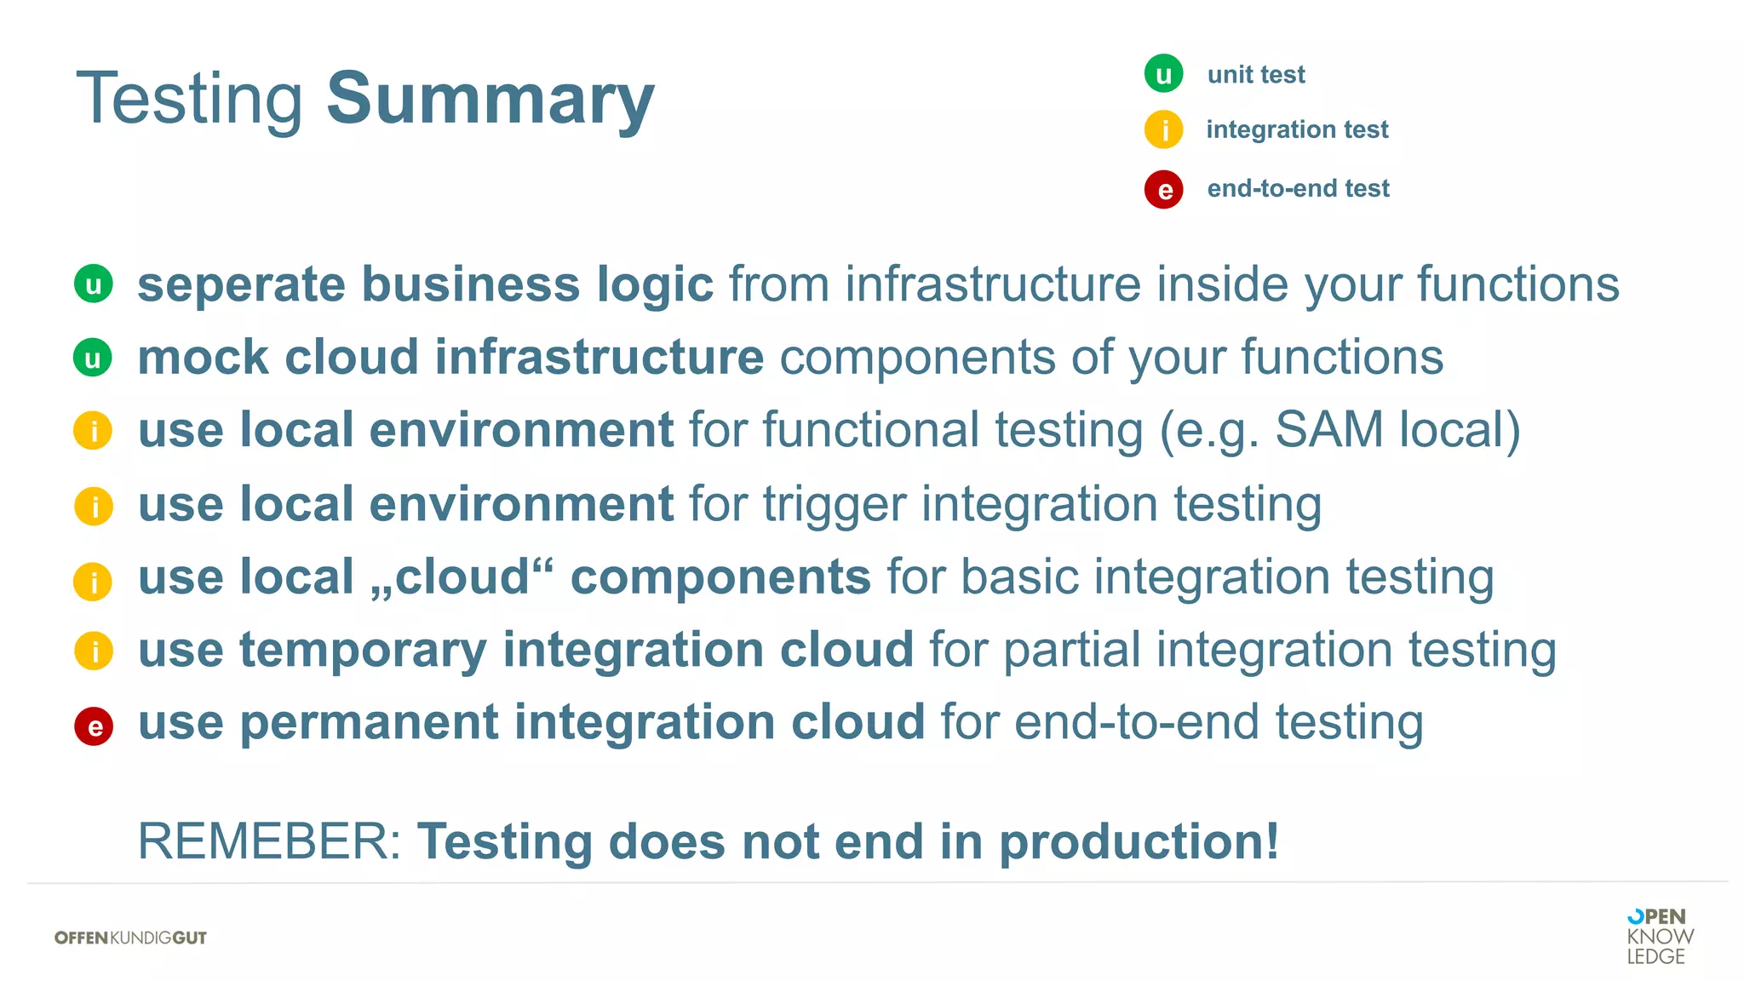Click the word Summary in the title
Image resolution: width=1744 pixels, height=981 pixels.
coord(490,99)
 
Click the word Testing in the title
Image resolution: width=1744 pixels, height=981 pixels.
coord(189,99)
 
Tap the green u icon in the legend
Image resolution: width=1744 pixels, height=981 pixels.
coord(1163,74)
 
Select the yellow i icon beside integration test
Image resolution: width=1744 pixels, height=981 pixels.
coord(1163,130)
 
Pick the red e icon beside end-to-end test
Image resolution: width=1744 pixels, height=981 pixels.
coord(1163,189)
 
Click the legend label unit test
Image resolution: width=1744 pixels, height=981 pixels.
coord(1255,75)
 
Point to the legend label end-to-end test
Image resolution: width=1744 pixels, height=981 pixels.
coord(1298,188)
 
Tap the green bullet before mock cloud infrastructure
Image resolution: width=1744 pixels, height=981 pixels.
coord(93,358)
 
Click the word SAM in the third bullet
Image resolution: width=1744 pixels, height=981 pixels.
coord(1328,429)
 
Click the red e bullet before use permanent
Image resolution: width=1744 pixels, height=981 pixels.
coord(94,726)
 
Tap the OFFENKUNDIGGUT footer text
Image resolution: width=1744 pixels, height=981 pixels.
coord(130,938)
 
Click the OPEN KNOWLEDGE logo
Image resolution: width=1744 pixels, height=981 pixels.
coord(1659,936)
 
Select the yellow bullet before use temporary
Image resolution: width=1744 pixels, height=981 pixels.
coord(94,651)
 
